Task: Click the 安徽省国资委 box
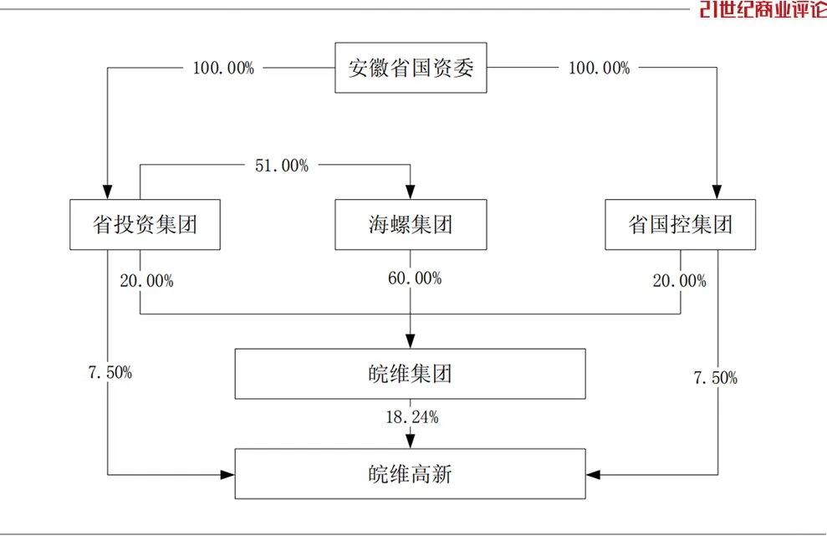(x=411, y=68)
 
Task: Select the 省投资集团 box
(x=145, y=224)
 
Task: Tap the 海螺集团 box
(x=411, y=224)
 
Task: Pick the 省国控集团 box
(x=681, y=224)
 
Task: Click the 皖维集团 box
(x=411, y=374)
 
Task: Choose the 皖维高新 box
(x=411, y=474)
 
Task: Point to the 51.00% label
(x=282, y=166)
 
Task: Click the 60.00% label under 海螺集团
(x=415, y=278)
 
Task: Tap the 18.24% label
(x=412, y=417)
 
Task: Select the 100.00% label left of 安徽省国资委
(x=223, y=68)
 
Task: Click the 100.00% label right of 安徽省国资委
(x=600, y=68)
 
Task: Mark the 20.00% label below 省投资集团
(x=146, y=281)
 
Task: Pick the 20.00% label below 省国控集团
(x=679, y=281)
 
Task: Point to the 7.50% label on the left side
(x=110, y=372)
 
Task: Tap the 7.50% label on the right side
(x=715, y=378)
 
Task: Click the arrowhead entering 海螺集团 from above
(x=411, y=192)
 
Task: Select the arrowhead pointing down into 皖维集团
(x=411, y=341)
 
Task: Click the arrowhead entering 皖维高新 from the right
(x=594, y=475)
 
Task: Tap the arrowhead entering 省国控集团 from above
(x=717, y=192)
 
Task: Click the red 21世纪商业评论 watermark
(x=763, y=9)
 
